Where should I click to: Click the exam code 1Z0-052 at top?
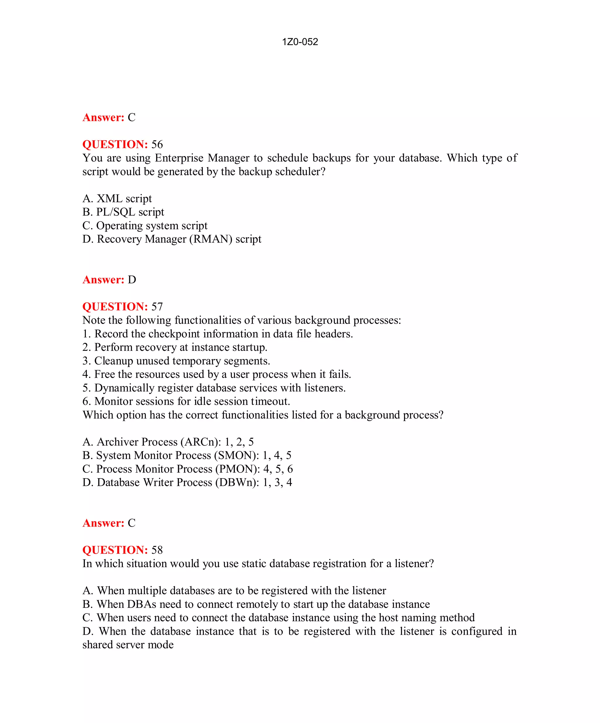[x=300, y=42]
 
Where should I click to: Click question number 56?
[x=157, y=144]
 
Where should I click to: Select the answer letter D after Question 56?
[x=132, y=280]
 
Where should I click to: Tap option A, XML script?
[x=117, y=198]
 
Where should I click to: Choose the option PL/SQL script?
[x=123, y=212]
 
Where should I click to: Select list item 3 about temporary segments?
[x=176, y=361]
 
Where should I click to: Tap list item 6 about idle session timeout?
[x=186, y=401]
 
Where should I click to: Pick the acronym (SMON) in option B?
[x=237, y=455]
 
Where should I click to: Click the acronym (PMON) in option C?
[x=238, y=469]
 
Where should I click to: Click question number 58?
[x=157, y=550]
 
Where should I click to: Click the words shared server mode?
[x=128, y=645]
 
